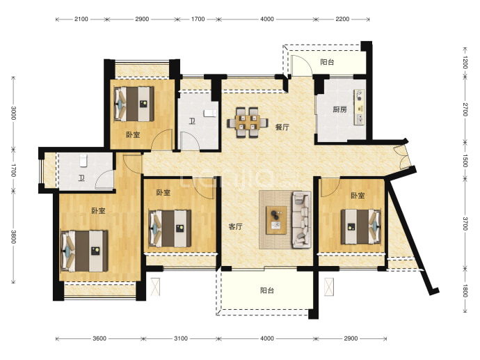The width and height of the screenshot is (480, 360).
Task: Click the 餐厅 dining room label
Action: coord(282,127)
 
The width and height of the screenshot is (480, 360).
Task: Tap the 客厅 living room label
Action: coord(236,227)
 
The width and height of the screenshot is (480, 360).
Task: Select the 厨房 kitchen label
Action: coord(339,109)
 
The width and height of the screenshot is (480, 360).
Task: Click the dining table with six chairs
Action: coord(248,123)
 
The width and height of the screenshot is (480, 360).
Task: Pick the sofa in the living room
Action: coord(301,219)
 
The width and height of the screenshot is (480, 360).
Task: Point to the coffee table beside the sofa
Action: coord(276,220)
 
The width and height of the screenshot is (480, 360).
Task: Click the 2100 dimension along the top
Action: coord(81,19)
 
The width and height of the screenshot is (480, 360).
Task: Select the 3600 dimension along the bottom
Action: coord(99,338)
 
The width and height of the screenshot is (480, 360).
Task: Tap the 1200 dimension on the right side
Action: coord(465,63)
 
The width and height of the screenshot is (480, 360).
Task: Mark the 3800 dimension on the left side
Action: coord(13,237)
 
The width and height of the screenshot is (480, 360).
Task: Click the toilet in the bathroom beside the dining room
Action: coord(210,113)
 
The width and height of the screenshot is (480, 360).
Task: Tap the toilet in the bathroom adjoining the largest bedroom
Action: coord(83,161)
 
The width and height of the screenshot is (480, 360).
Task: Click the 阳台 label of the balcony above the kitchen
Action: coord(327,62)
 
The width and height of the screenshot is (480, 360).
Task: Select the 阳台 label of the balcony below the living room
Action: coord(267,290)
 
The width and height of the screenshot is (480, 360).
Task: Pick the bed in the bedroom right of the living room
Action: coord(361,227)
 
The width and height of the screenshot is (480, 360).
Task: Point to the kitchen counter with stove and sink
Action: coord(360,107)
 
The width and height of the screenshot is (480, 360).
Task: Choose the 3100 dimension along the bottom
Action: coord(181,338)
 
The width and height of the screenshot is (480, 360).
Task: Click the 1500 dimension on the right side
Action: coord(465,161)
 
